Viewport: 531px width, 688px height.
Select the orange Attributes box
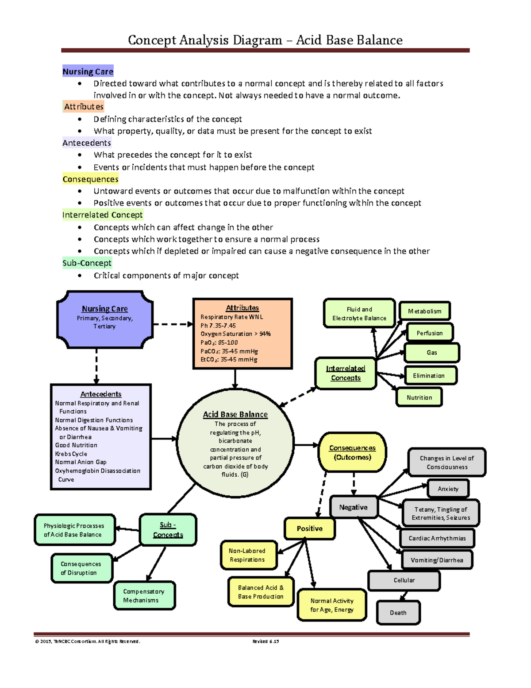coord(242,334)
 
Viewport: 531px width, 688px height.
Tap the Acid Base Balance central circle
coord(235,443)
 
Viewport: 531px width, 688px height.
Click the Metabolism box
coord(424,311)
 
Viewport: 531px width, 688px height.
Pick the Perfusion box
coord(429,333)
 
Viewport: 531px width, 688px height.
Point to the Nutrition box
coord(419,397)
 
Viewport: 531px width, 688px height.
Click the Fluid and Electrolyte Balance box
coord(359,314)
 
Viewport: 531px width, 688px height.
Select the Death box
coord(398,613)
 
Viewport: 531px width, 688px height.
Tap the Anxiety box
coord(448,489)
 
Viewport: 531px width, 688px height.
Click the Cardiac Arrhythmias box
coord(437,538)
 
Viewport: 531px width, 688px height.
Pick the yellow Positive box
coord(309,529)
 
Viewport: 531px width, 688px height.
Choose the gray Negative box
coord(353,507)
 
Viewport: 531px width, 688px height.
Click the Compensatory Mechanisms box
coord(144,596)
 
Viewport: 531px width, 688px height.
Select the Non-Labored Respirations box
coord(249,555)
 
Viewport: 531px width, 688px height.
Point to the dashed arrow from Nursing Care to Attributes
coord(173,324)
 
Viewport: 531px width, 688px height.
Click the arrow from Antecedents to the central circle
coord(164,439)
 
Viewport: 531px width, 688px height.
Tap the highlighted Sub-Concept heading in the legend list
coord(87,263)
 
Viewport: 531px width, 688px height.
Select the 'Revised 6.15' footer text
coord(265,641)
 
